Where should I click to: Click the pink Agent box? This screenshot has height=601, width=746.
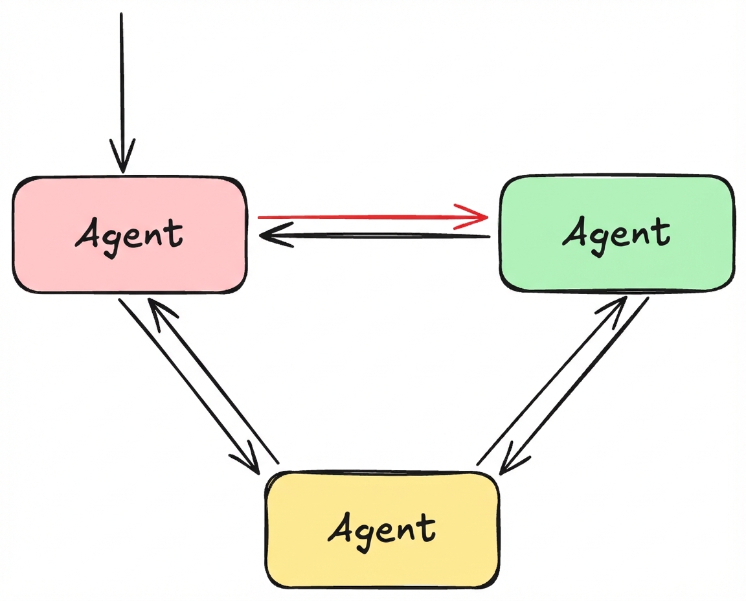tap(130, 234)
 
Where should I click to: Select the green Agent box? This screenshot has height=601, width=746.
tap(616, 233)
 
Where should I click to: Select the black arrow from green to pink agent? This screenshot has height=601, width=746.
tap(376, 236)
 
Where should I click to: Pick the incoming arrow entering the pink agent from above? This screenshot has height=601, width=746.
tap(121, 84)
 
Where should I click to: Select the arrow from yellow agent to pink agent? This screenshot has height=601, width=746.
tap(214, 382)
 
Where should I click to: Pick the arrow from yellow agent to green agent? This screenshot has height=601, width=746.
tap(550, 382)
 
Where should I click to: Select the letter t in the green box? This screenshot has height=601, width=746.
tap(661, 232)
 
